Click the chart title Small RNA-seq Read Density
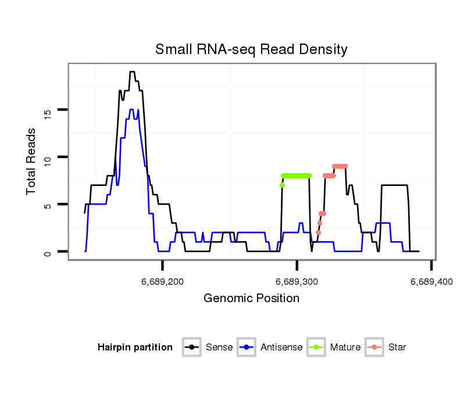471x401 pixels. coord(251,49)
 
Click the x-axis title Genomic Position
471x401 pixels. coord(251,299)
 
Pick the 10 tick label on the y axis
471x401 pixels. coord(48,157)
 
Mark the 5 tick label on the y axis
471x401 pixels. coord(48,205)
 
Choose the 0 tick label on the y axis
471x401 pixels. coord(48,253)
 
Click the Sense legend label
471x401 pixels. coord(219,348)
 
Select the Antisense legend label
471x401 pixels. coord(281,348)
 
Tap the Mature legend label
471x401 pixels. coord(345,348)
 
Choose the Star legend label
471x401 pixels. coord(397,348)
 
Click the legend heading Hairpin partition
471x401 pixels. coord(135,348)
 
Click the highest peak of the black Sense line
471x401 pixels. coord(132,72)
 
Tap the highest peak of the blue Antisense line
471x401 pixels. coord(132,110)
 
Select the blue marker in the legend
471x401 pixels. coord(247,348)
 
